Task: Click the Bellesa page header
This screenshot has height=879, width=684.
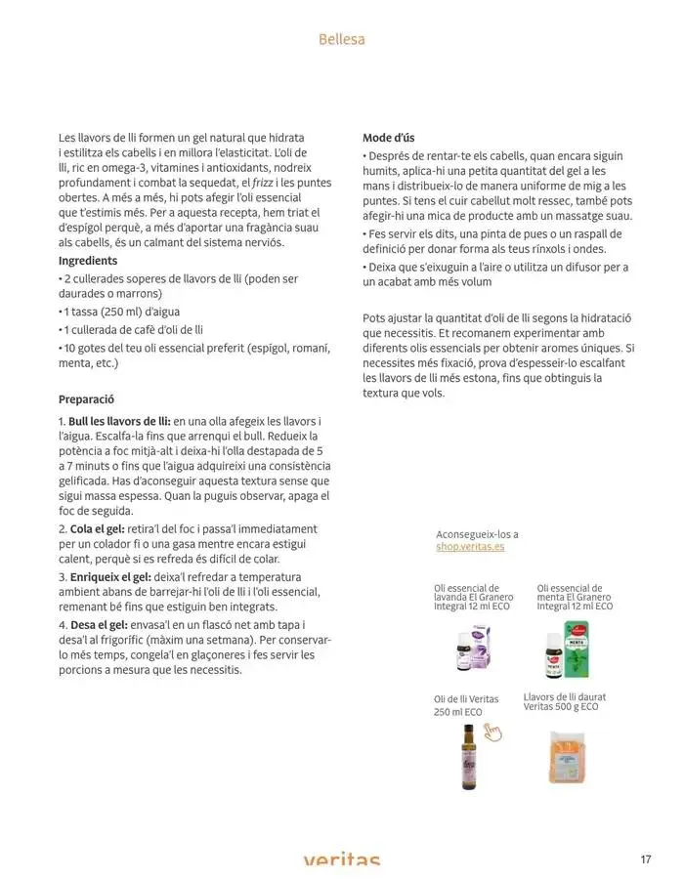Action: tap(341, 40)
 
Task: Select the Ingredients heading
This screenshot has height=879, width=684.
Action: tap(88, 261)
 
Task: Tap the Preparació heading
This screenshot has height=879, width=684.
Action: tap(87, 399)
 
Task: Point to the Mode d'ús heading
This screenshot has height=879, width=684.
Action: tap(388, 138)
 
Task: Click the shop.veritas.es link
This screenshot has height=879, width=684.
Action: tap(471, 547)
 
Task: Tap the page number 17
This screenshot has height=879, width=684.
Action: tap(646, 859)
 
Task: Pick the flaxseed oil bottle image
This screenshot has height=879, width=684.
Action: tap(467, 756)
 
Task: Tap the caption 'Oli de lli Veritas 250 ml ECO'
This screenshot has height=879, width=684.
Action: tap(466, 706)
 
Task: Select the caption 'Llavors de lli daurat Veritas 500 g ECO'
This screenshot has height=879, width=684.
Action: tap(564, 702)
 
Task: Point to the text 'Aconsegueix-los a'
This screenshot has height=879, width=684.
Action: tap(477, 534)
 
